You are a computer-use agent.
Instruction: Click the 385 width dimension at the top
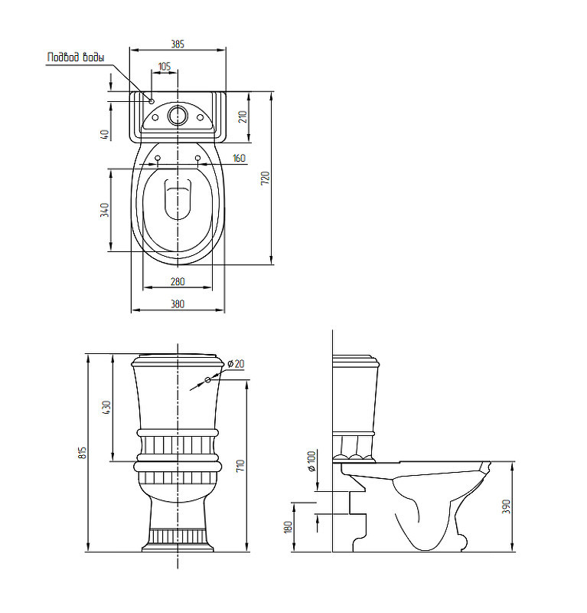(178, 44)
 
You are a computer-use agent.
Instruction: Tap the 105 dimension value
(165, 66)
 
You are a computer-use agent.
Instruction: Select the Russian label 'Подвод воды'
(76, 57)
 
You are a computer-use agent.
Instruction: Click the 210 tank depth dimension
(243, 116)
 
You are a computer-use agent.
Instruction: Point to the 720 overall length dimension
(266, 178)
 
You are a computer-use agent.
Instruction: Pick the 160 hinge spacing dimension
(239, 158)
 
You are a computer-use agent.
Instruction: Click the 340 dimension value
(105, 210)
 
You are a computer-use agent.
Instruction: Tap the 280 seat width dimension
(178, 281)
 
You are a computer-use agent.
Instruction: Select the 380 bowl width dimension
(178, 303)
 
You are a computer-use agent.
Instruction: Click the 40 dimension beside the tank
(105, 134)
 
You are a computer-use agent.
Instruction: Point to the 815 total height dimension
(82, 452)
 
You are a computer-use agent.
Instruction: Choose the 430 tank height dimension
(106, 408)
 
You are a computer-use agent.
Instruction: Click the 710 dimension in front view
(240, 465)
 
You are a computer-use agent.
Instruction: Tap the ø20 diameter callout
(236, 363)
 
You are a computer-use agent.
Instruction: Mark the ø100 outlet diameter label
(311, 461)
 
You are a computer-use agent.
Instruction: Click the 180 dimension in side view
(289, 526)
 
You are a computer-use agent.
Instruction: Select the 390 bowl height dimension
(506, 506)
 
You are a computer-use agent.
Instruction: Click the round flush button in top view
(178, 116)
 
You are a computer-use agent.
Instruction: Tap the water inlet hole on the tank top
(152, 101)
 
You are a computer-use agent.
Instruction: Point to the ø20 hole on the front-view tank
(207, 379)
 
